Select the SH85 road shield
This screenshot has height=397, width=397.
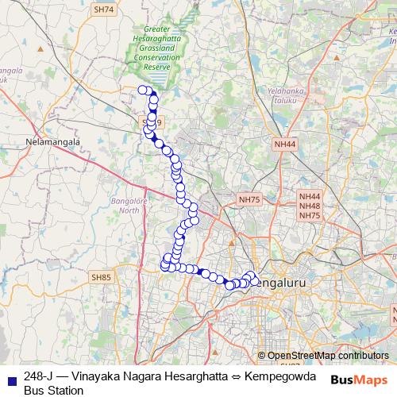tap(102, 277)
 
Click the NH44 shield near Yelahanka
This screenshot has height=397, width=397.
tap(284, 145)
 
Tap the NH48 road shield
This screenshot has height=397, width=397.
tap(309, 206)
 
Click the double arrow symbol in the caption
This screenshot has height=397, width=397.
tap(225, 376)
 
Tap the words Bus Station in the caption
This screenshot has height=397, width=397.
tap(54, 391)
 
